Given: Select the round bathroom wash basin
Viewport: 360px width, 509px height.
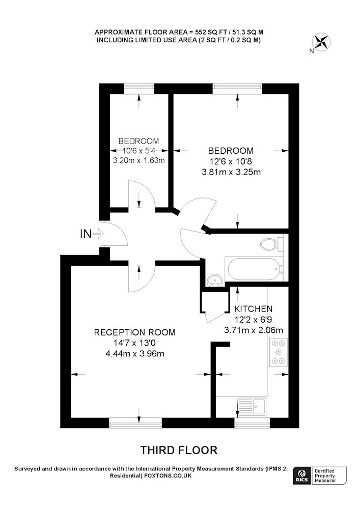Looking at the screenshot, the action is point(214,280).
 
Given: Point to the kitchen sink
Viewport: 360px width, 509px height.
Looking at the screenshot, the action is point(252,406).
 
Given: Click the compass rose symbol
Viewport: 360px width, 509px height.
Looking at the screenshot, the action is point(321,42).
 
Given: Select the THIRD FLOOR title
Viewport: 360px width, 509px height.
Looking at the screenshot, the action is point(179,450).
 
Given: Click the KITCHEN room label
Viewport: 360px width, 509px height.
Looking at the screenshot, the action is point(254,309).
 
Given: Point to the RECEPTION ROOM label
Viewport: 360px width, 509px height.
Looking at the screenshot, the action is point(135,332).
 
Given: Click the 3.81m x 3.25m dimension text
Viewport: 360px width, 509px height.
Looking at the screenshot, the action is point(231,172).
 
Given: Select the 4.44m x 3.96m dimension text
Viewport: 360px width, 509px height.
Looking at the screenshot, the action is point(135,354).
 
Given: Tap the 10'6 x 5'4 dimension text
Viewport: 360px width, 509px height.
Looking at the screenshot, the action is point(139,151).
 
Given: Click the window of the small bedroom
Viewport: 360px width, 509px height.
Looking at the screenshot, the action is point(139,89).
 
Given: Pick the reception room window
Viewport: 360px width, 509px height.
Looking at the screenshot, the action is point(135,422).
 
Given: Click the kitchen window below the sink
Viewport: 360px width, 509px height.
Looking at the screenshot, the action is point(252,422).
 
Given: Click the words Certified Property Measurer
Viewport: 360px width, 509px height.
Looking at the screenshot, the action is point(325,475).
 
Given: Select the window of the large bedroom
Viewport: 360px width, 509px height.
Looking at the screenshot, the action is point(237,89).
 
